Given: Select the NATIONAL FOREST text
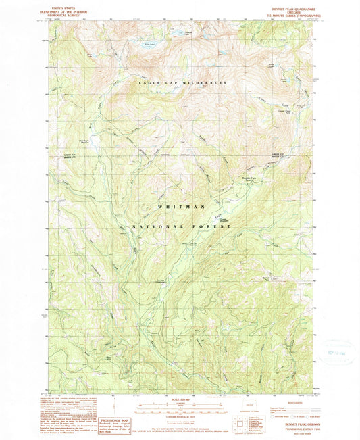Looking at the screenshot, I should pyautogui.click(x=180, y=228).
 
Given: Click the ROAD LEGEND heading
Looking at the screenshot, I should pyautogui.click(x=278, y=401).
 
